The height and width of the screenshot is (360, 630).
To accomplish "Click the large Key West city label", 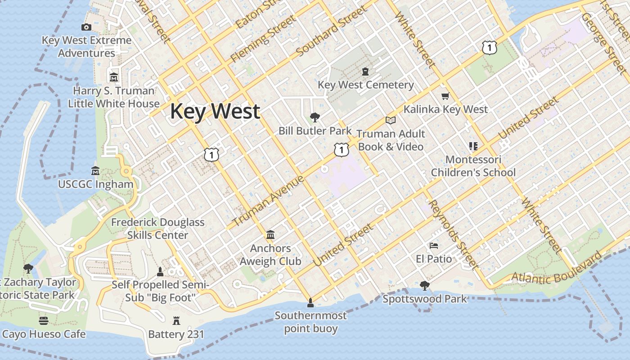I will click(215, 111).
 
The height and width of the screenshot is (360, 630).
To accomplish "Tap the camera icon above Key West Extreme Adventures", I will click(86, 27).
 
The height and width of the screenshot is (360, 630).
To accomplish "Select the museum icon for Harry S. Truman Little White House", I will click(113, 77).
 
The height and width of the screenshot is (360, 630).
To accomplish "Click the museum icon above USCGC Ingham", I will click(95, 171).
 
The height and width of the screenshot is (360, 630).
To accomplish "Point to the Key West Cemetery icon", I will click(365, 72).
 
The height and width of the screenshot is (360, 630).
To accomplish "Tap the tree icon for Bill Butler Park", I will click(315, 118).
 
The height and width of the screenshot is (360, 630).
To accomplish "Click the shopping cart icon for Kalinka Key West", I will click(445, 96).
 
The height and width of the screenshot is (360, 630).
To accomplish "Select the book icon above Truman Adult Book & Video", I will click(390, 121).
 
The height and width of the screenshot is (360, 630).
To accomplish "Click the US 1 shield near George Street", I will click(489, 47).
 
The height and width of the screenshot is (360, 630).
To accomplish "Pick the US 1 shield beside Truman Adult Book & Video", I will click(341, 149).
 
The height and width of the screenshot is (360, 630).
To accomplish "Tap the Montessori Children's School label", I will click(473, 166).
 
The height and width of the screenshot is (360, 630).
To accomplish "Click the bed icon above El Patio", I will click(434, 246).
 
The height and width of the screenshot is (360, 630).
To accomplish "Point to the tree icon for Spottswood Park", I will click(424, 286).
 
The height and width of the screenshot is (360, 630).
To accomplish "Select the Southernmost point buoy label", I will click(310, 322).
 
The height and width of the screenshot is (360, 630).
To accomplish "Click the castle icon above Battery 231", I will click(176, 321).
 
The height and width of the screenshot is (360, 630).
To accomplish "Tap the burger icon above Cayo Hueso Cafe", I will click(43, 321).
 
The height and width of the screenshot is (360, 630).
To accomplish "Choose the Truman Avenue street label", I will click(268, 201).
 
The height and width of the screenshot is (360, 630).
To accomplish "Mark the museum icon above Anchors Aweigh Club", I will click(270, 235).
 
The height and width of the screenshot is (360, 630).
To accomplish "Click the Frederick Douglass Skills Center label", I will click(157, 229).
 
